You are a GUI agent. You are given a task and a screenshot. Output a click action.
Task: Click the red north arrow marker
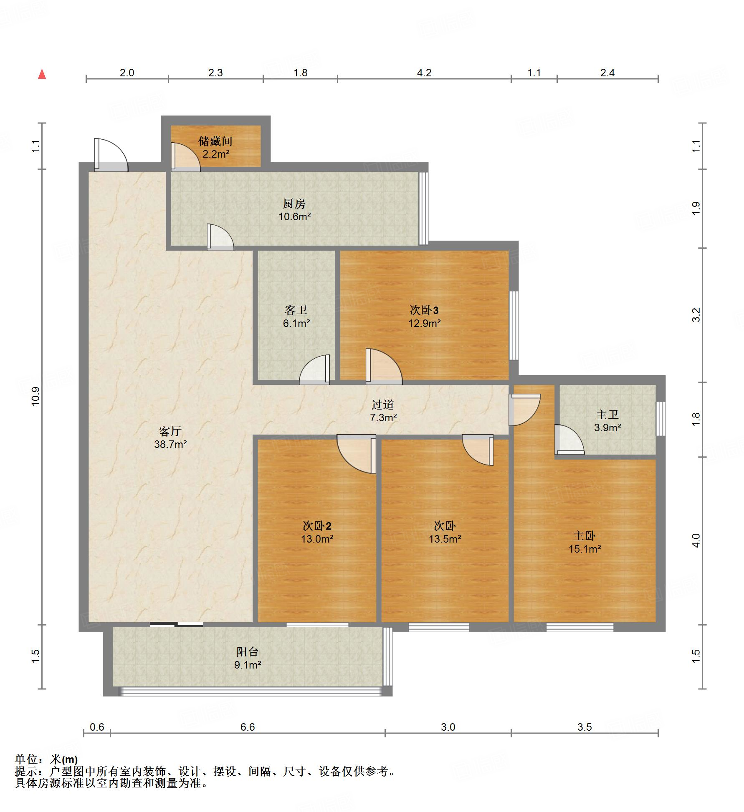pyautogui.click(x=42, y=74)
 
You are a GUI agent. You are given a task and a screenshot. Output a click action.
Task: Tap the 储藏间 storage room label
pyautogui.click(x=215, y=141)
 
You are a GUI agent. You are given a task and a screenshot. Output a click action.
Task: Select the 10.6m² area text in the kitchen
pyautogui.click(x=295, y=216)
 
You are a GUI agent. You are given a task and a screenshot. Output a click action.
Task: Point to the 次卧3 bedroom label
pyautogui.click(x=424, y=310)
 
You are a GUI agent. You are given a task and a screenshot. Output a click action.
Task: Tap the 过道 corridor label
pyautogui.click(x=383, y=404)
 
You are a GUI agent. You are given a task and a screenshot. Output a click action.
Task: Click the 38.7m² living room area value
pyautogui.click(x=170, y=444)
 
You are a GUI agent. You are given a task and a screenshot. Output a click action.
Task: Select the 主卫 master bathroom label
pyautogui.click(x=607, y=414)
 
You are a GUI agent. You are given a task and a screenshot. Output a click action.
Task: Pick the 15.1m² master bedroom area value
pyautogui.click(x=585, y=549)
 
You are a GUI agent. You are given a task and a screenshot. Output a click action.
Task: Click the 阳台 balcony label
pyautogui.click(x=248, y=651)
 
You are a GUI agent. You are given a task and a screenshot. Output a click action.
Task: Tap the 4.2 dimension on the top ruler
pyautogui.click(x=424, y=73)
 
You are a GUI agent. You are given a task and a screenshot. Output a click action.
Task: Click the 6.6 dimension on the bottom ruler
pyautogui.click(x=247, y=727)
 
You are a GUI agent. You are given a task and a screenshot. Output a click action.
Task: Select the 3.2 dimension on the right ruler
pyautogui.click(x=696, y=315)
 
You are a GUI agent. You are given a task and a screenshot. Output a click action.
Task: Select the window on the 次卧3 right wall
pyautogui.click(x=514, y=325)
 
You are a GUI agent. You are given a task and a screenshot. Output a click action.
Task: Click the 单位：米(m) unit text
pyautogui.click(x=46, y=759)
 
